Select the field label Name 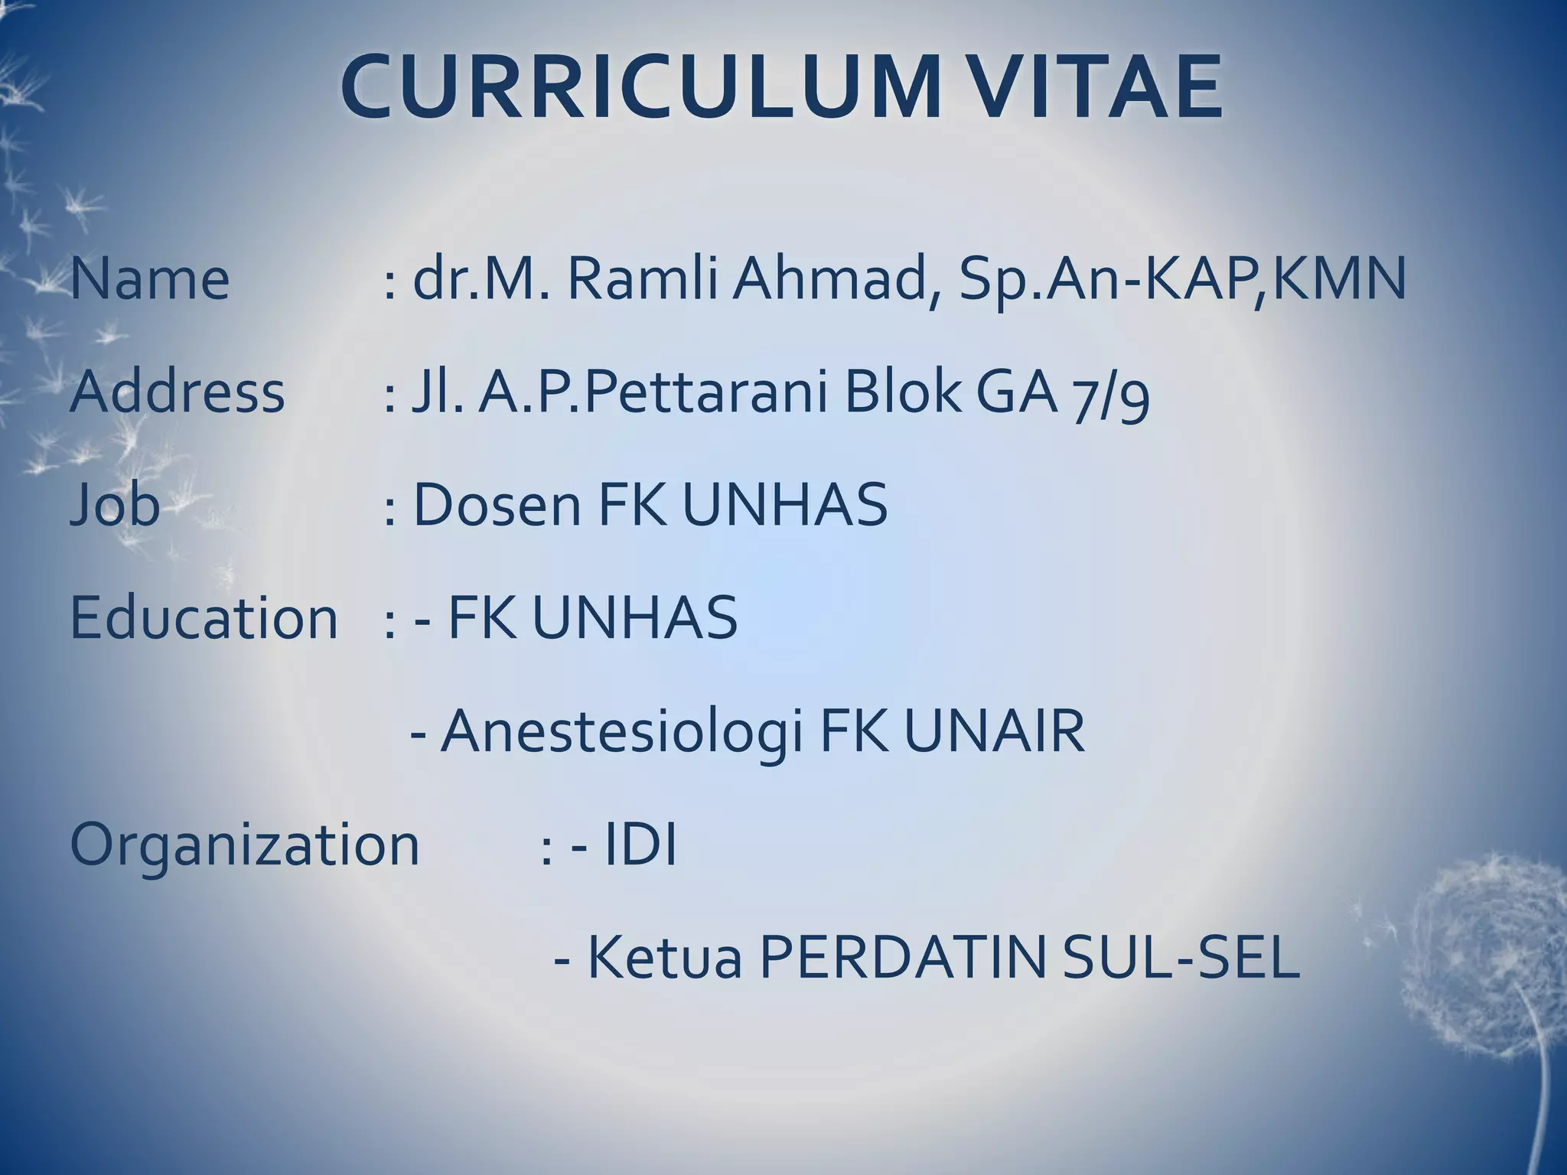pyautogui.click(x=150, y=278)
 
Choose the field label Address pyautogui.click(x=178, y=391)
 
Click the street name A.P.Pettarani pyautogui.click(x=655, y=391)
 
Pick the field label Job pyautogui.click(x=116, y=506)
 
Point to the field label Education pyautogui.click(x=204, y=617)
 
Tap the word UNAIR pyautogui.click(x=994, y=731)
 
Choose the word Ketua pyautogui.click(x=663, y=958)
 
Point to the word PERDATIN pyautogui.click(x=902, y=958)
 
